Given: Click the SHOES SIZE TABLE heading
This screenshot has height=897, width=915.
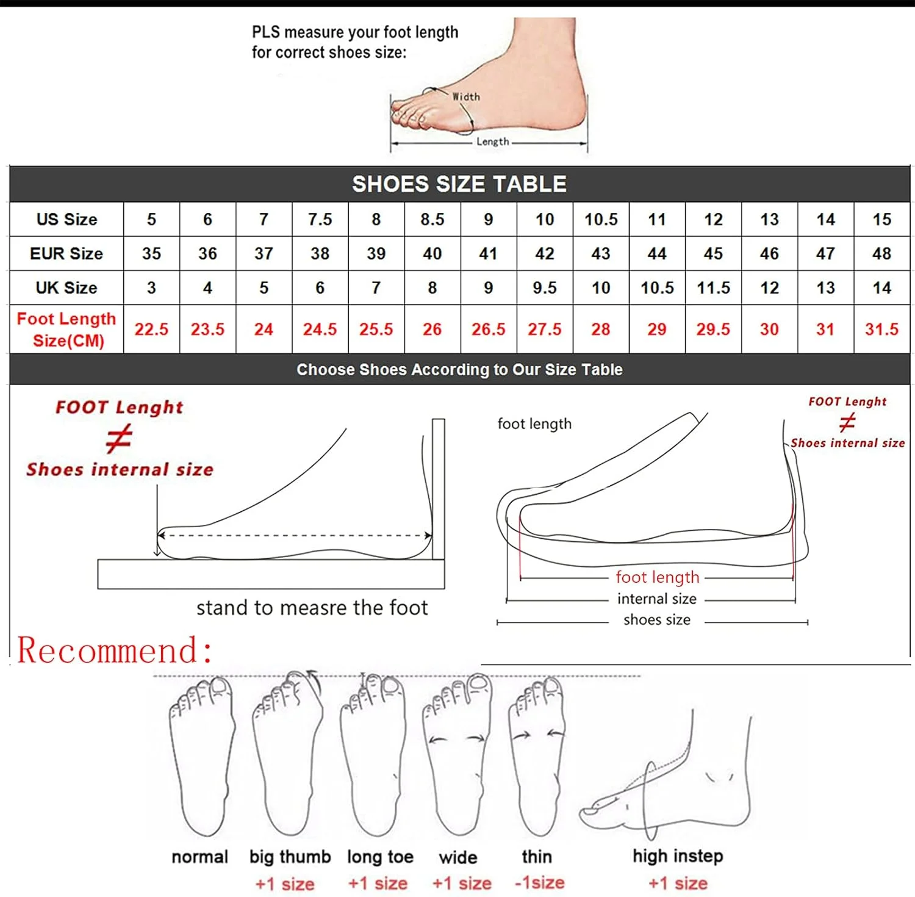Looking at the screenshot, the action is click(x=459, y=184).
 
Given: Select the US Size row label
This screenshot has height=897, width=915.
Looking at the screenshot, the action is click(x=66, y=219).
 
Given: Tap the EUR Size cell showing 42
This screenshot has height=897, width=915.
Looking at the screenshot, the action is click(x=545, y=253).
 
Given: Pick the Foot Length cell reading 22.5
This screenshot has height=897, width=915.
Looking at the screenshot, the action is click(x=151, y=330).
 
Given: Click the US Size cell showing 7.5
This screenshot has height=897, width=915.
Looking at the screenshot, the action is click(x=320, y=219).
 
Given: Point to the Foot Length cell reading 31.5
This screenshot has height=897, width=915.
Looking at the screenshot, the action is click(x=881, y=330).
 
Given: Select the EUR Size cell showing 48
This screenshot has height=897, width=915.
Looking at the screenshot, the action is click(x=881, y=253).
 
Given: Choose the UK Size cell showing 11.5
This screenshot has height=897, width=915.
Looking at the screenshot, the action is click(x=713, y=287).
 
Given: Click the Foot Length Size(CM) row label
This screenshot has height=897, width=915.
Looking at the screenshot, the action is click(x=66, y=330).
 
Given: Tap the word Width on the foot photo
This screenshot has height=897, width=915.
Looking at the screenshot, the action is click(x=466, y=97).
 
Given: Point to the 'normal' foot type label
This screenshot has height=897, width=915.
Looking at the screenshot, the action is click(x=199, y=857).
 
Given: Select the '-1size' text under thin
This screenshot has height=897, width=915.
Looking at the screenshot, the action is click(x=540, y=882).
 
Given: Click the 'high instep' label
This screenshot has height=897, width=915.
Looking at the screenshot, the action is click(x=678, y=856).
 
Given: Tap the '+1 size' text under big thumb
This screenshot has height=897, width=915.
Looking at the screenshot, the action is click(x=285, y=884).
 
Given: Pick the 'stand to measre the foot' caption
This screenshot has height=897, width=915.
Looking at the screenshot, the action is click(x=312, y=608).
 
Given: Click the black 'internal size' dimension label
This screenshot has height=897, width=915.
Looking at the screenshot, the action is click(x=657, y=599).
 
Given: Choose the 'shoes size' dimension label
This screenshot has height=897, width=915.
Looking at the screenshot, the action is click(x=657, y=620).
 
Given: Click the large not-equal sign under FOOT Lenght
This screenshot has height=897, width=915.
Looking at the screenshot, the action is click(x=118, y=439).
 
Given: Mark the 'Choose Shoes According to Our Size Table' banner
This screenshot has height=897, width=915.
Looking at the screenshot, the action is click(x=459, y=369).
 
